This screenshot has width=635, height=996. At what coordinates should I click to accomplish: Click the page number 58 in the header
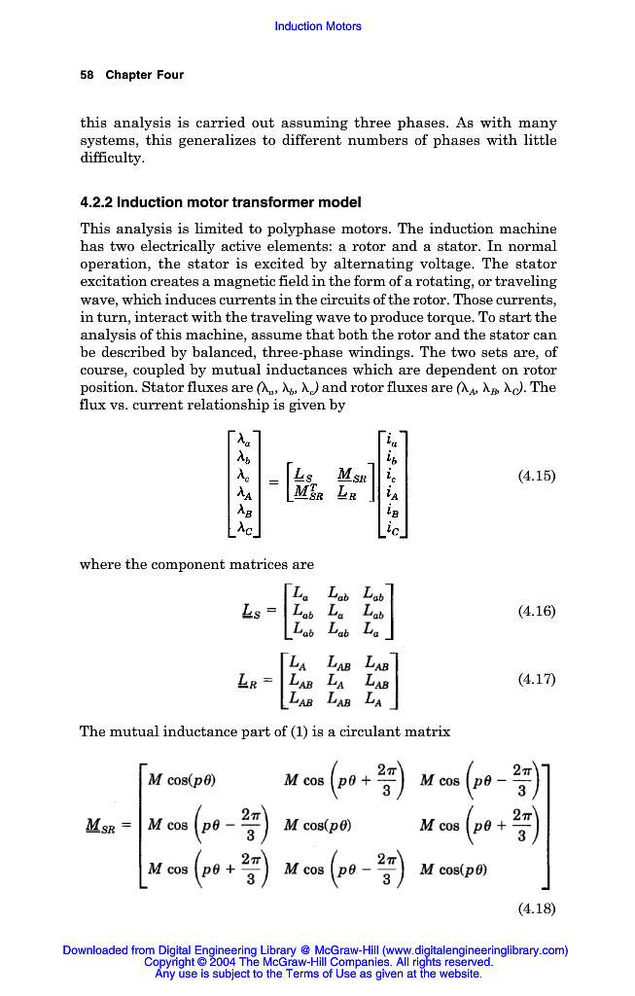click(x=87, y=75)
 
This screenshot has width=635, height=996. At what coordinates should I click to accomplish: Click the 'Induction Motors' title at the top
click(x=318, y=26)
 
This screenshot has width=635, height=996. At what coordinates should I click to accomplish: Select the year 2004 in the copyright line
click(x=215, y=962)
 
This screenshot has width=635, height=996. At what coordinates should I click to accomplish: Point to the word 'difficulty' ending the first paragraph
click(x=111, y=158)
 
